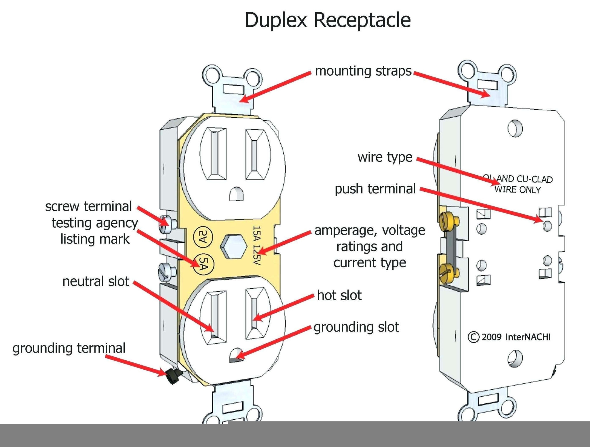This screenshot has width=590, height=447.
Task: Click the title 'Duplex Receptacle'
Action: [328, 20]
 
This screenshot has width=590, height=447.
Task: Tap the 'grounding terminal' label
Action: [69, 348]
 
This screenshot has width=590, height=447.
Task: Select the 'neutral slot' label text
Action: [96, 281]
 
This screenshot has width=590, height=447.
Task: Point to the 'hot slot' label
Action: [339, 296]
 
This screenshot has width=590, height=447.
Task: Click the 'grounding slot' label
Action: [356, 327]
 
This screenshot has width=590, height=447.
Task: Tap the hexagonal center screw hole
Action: [233, 246]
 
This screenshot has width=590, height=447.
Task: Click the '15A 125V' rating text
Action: [256, 245]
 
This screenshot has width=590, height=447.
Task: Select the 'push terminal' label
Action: [375, 189]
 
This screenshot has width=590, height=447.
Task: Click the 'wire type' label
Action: [385, 157]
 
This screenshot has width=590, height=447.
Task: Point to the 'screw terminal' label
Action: [88, 206]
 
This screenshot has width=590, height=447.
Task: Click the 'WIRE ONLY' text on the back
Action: [517, 190]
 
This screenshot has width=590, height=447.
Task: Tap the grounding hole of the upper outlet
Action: [237, 194]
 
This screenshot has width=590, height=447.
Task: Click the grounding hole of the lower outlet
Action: [237, 355]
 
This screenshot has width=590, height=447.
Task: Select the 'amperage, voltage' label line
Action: [370, 230]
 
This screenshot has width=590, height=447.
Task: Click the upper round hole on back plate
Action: [515, 128]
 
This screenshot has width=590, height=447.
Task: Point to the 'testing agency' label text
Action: [95, 223]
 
